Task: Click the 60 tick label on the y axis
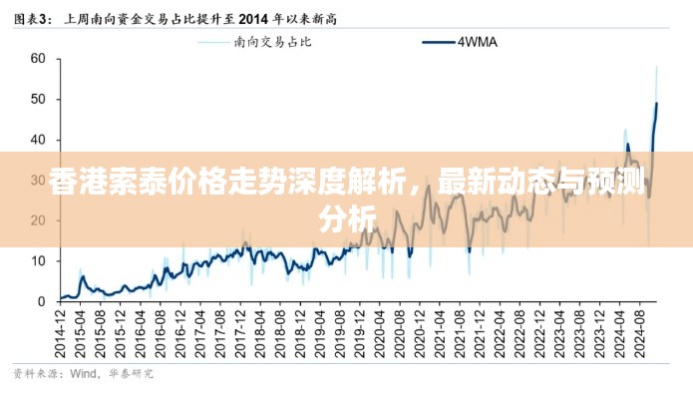(x=38, y=59)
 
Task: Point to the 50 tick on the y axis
(x=38, y=100)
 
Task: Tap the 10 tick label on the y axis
(x=38, y=261)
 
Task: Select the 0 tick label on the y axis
(x=41, y=301)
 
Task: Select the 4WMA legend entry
(x=478, y=42)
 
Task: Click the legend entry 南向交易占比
(x=272, y=42)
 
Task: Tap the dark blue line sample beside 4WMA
(x=438, y=42)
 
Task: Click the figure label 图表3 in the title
(x=31, y=17)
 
